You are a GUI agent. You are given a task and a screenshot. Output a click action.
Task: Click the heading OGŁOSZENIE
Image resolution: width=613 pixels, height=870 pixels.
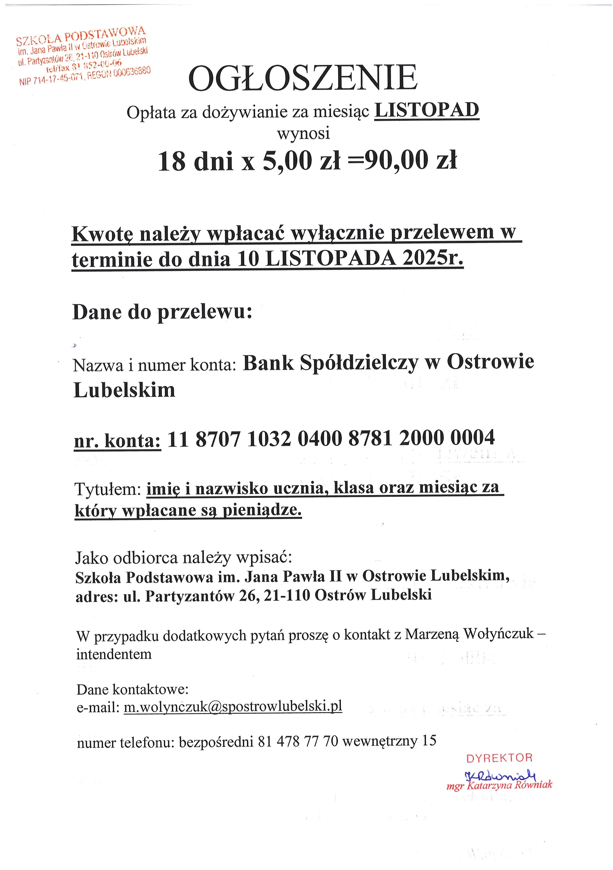(303, 78)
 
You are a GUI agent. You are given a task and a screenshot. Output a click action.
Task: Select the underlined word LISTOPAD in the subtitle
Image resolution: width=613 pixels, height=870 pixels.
(427, 111)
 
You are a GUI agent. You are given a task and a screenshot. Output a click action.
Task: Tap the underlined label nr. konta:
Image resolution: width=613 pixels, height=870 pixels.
(117, 440)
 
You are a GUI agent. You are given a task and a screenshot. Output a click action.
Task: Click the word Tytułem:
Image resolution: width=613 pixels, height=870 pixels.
(108, 489)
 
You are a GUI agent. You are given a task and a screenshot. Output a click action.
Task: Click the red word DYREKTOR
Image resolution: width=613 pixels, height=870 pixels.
(499, 758)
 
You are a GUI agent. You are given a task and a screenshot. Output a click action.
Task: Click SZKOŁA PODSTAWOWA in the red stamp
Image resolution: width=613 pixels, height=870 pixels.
(81, 35)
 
